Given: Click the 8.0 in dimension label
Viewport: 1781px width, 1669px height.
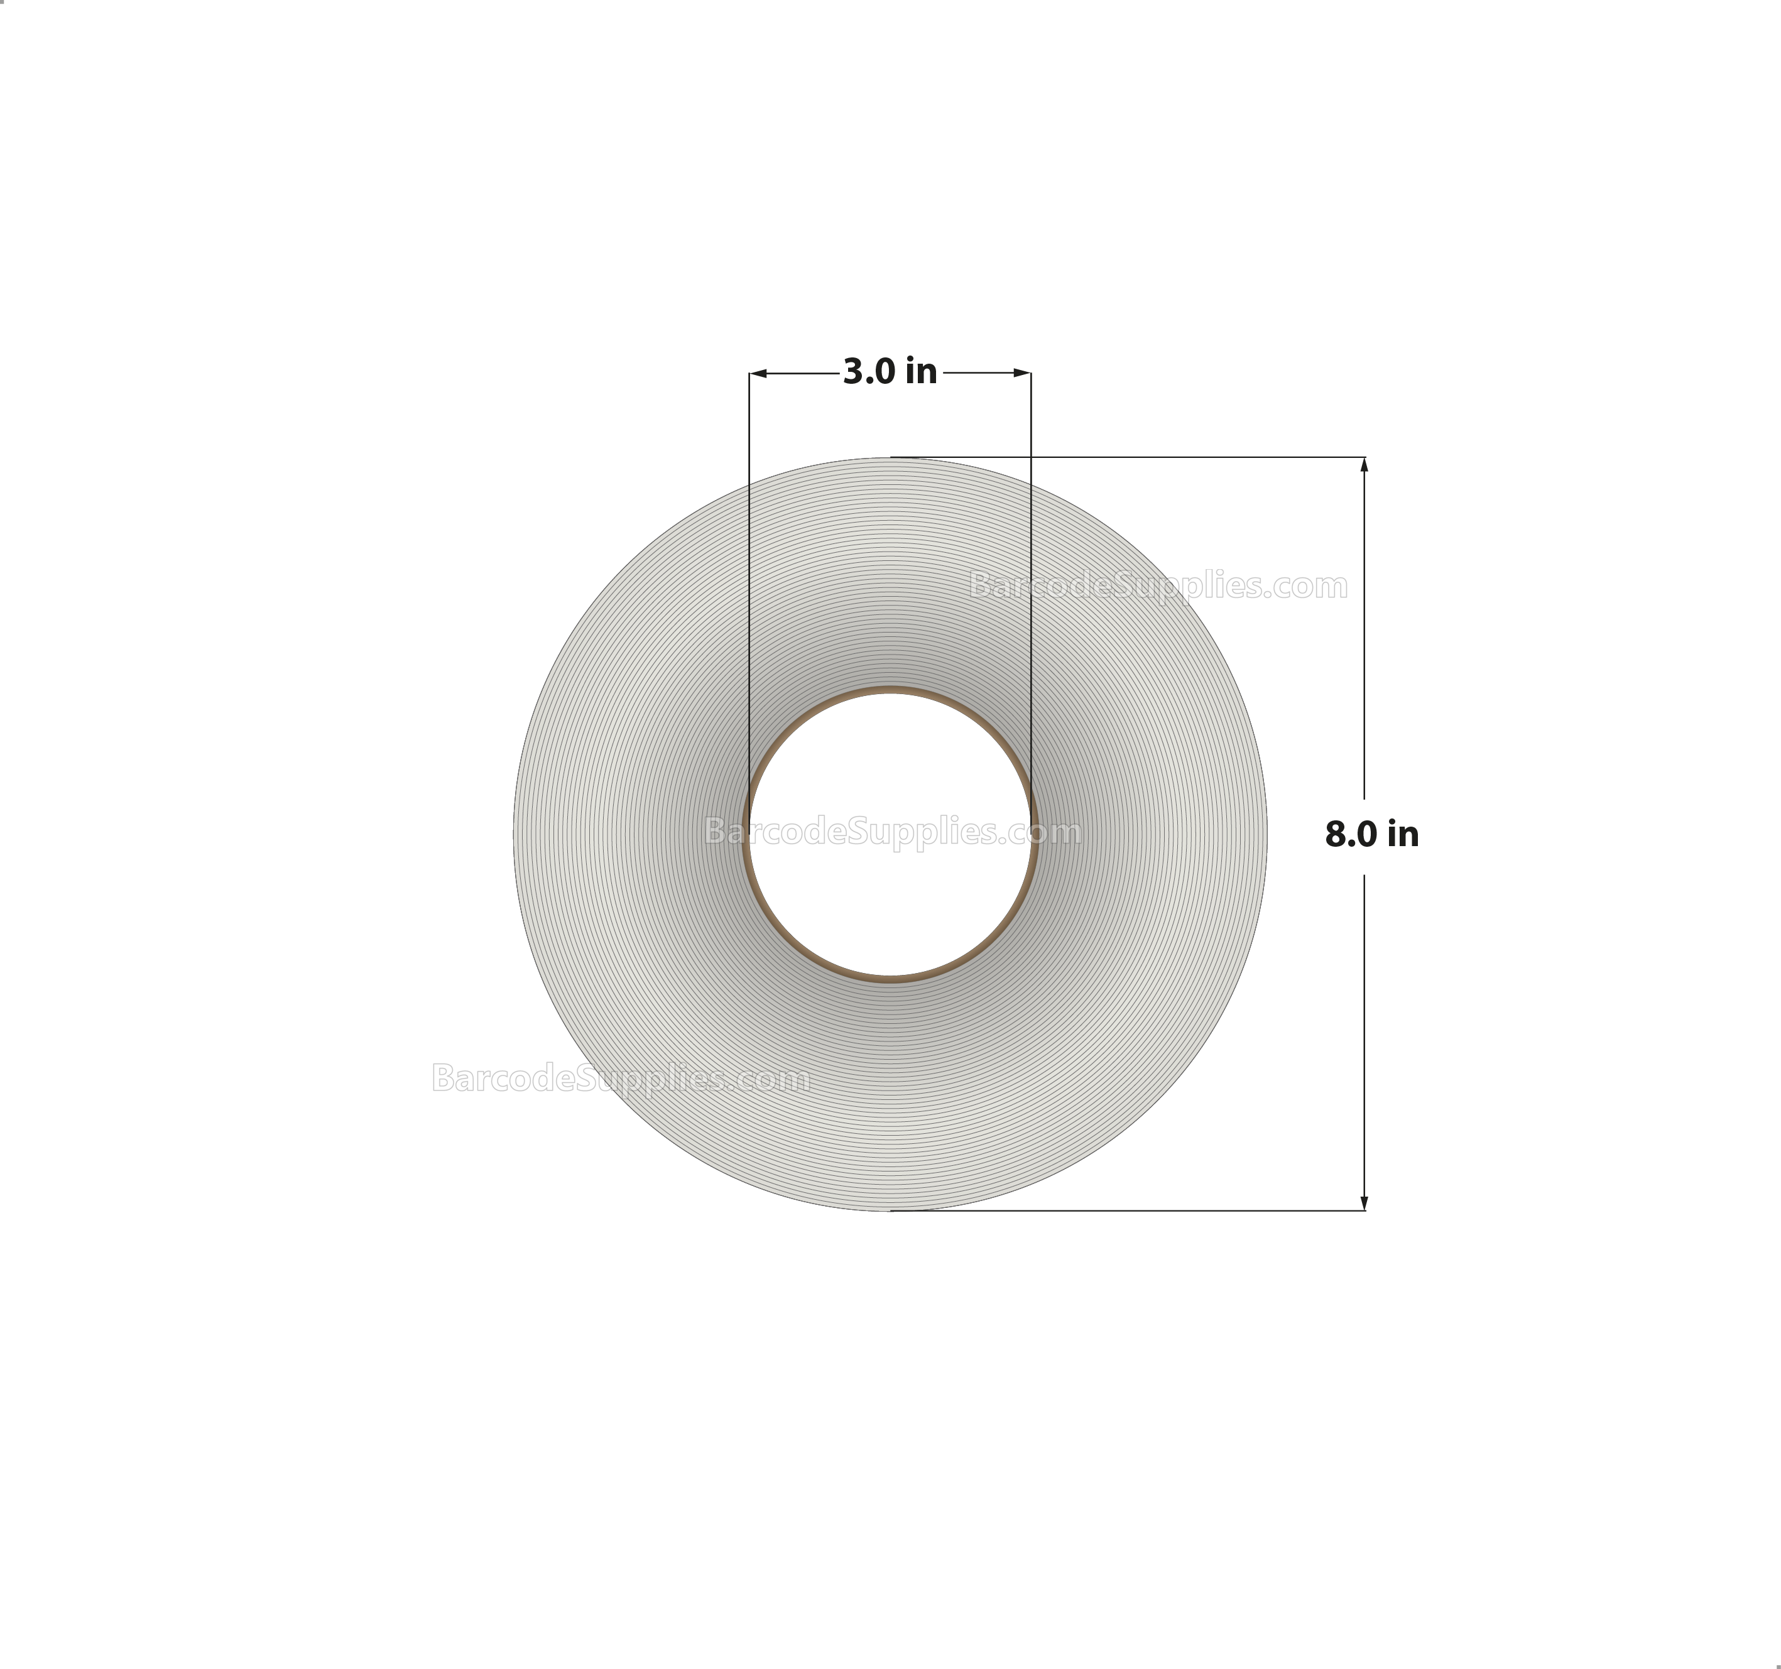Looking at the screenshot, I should [x=1371, y=834].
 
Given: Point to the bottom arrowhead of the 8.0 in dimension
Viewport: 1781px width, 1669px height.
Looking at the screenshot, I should [x=1364, y=1202].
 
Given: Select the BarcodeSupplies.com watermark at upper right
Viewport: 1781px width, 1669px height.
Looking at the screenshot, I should [x=1158, y=586].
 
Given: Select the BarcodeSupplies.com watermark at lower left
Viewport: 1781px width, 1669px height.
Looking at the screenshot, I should [x=621, y=1078].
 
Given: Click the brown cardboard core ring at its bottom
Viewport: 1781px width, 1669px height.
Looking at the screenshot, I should [x=890, y=979].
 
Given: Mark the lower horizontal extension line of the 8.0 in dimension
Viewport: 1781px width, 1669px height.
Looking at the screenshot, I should [x=1165, y=1211].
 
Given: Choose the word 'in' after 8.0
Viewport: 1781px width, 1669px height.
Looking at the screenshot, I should [x=1402, y=834].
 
